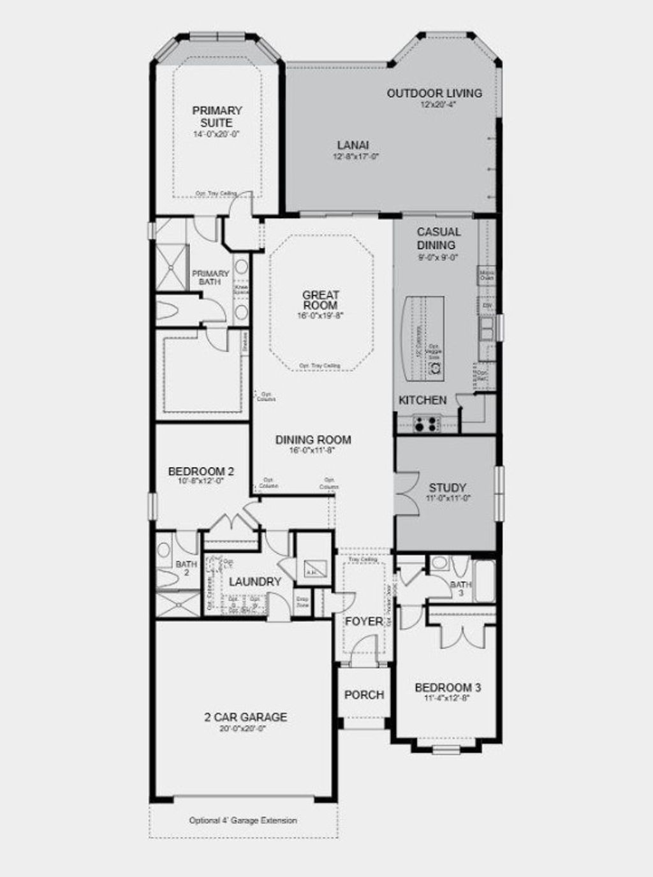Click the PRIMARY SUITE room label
217,117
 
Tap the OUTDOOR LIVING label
434,93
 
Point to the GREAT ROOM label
320,300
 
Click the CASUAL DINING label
438,239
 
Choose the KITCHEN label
422,400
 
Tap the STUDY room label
447,488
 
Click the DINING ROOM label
313,439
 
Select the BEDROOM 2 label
201,471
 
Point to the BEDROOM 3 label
448,688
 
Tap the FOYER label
363,621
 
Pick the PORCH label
364,695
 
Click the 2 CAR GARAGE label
241,717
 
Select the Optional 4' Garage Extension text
243,820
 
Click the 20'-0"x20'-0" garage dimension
241,728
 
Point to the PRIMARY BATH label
210,277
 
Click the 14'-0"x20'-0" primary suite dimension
217,135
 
